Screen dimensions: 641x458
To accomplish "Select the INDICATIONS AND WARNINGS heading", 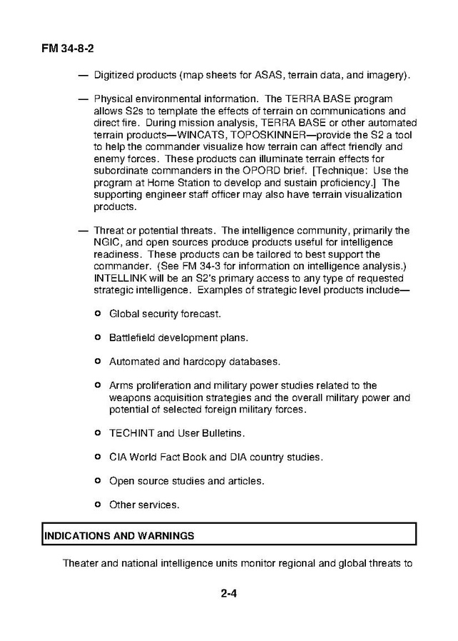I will pyautogui.click(x=119, y=535).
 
